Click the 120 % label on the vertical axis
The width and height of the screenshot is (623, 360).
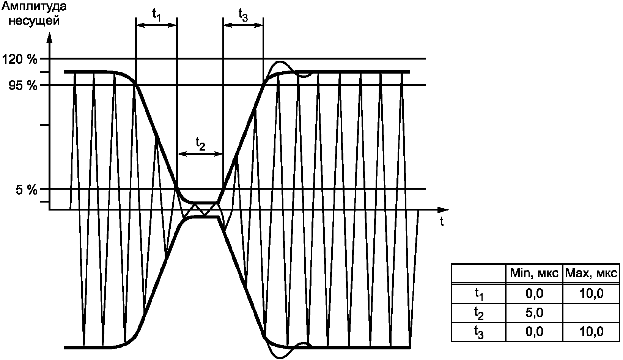point(19,59)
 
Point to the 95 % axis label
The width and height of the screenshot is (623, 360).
point(23,86)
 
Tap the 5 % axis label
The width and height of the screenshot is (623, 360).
point(27,190)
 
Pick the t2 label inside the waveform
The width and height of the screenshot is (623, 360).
point(200,144)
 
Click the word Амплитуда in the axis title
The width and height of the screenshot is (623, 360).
point(34,7)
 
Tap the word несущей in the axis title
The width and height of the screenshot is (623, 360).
point(34,20)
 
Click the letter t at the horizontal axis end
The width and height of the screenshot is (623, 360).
point(441,222)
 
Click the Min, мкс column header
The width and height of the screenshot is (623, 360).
point(534,274)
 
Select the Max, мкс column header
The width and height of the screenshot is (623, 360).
point(591,274)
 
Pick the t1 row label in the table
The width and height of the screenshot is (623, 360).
point(479,294)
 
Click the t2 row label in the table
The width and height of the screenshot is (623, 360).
point(479,313)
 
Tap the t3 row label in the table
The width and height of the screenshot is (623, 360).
point(479,332)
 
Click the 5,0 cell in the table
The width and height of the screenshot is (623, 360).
point(534,313)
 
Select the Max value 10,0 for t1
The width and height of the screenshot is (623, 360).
point(591,294)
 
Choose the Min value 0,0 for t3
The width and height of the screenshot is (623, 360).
point(534,332)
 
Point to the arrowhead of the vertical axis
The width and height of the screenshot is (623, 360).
point(49,38)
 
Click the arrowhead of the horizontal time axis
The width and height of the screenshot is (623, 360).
point(443,210)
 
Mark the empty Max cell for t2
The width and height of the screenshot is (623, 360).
point(591,313)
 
